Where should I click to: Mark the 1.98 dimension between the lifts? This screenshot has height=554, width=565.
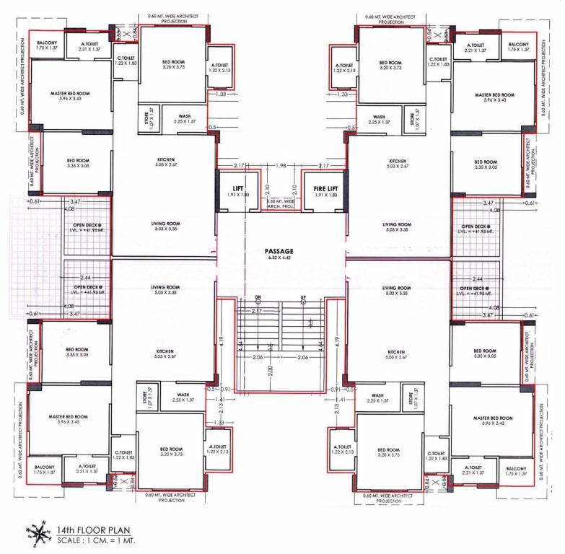tap(281, 167)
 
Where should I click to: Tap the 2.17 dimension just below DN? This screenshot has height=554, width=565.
tap(256, 311)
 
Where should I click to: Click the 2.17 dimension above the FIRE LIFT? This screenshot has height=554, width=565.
tap(323, 167)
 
